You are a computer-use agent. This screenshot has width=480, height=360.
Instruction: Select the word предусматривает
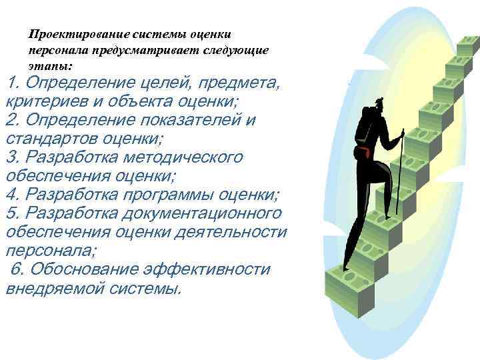[134, 50]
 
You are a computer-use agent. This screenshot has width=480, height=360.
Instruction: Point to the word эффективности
[205, 269]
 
